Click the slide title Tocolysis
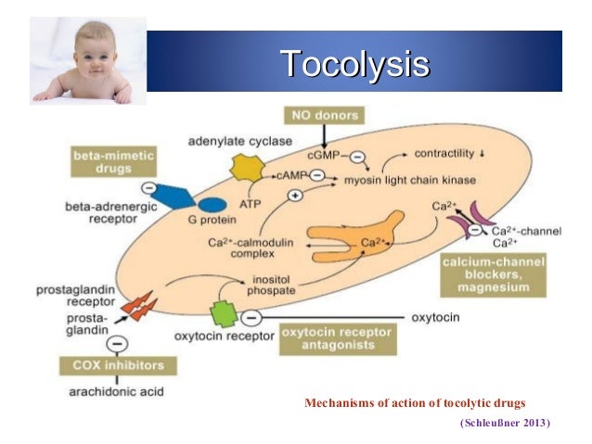point(355,64)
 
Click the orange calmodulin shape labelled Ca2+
point(364,236)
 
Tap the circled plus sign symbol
point(296,196)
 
